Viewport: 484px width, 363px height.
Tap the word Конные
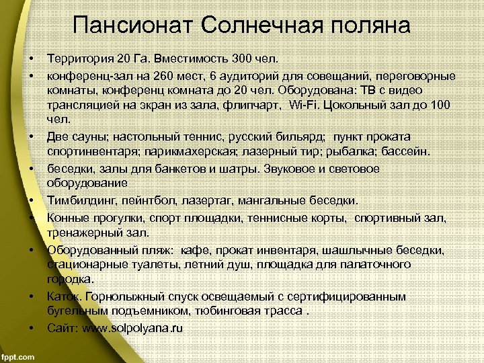(x=65, y=218)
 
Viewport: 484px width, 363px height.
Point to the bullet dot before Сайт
(x=32, y=328)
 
